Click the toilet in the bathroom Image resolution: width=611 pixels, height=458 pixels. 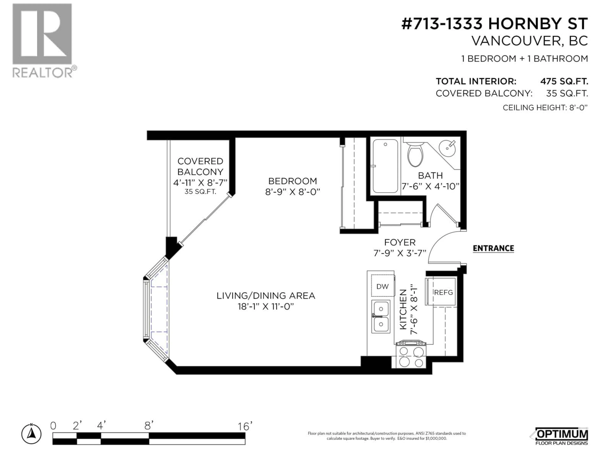click(415, 156)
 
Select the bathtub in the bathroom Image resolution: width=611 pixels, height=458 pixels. click(385, 167)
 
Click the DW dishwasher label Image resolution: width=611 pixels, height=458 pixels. click(382, 287)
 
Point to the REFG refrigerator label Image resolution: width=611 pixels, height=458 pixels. click(443, 292)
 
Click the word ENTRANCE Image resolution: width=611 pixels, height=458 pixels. click(493, 248)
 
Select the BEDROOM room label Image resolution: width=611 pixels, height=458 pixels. click(292, 181)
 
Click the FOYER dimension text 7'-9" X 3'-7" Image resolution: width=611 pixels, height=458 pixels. click(400, 253)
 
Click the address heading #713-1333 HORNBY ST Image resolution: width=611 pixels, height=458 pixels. click(494, 24)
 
